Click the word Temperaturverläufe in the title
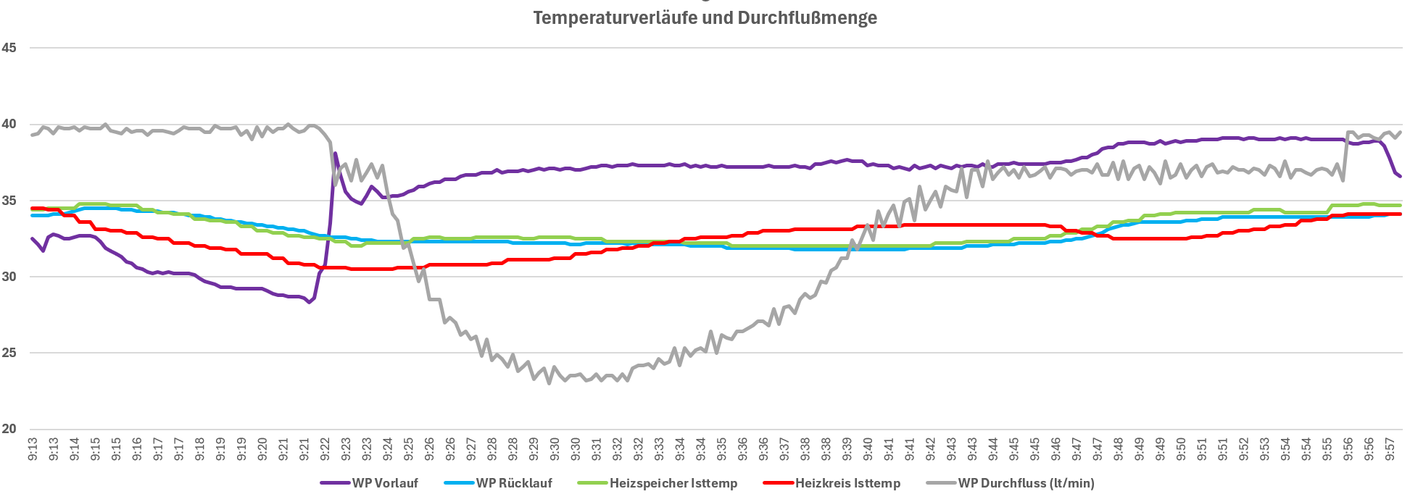pyautogui.click(x=611, y=18)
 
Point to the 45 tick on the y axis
pyautogui.click(x=9, y=48)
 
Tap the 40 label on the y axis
pyautogui.click(x=9, y=124)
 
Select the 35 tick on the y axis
pyautogui.click(x=9, y=201)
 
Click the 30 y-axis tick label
pyautogui.click(x=9, y=277)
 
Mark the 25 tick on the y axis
pyautogui.click(x=9, y=353)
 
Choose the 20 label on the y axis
pyautogui.click(x=9, y=429)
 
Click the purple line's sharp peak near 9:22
pyautogui.click(x=335, y=154)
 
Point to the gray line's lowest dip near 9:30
pyautogui.click(x=550, y=383)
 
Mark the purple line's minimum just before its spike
pyautogui.click(x=310, y=302)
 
